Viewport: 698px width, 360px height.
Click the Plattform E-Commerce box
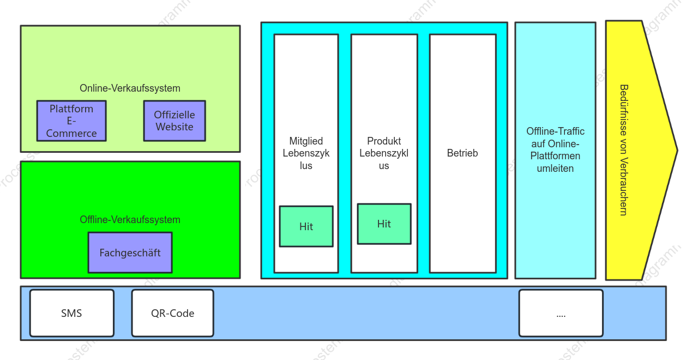[71, 121]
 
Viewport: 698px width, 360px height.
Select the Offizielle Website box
[174, 121]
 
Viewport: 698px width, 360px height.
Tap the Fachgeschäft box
[130, 253]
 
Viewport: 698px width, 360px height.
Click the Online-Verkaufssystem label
[130, 88]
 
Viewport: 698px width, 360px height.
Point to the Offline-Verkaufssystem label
[130, 219]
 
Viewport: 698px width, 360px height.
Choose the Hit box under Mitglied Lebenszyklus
[306, 226]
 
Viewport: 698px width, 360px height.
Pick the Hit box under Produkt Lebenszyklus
[384, 224]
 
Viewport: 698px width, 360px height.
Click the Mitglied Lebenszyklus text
[306, 153]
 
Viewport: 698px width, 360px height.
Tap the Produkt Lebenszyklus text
[384, 153]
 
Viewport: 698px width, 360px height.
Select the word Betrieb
[462, 153]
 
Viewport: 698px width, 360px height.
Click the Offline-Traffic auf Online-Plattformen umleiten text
[555, 149]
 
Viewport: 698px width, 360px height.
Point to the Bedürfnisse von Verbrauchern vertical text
[623, 150]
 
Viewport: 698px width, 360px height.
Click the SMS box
[72, 313]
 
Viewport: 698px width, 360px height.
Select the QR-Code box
[173, 313]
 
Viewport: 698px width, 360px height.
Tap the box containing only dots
[561, 313]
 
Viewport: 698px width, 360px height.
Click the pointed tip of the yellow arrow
[677, 150]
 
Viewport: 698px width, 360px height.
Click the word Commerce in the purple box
[71, 134]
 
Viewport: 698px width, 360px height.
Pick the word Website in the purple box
[174, 127]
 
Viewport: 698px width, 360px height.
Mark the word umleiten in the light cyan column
[555, 169]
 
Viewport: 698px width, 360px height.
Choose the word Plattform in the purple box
[71, 109]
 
